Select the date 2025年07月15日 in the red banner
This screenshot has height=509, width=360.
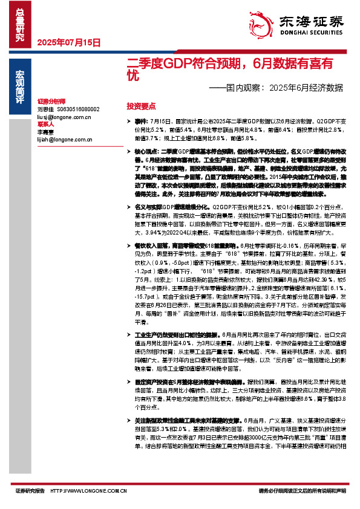click(68, 42)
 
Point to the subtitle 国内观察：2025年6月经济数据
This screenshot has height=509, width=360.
click(275, 87)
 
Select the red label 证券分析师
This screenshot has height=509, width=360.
click(51, 102)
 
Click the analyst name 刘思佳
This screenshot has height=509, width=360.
click(45, 109)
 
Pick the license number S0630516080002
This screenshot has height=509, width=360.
click(78, 109)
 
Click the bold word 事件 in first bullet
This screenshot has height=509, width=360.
click(141, 121)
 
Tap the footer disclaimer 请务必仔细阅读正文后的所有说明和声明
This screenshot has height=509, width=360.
click(302, 491)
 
